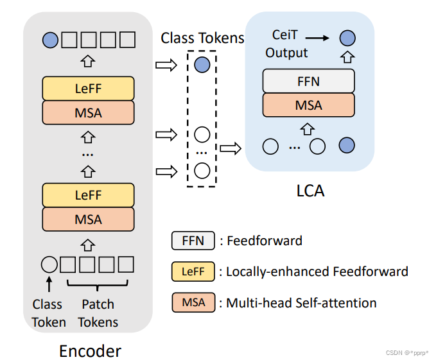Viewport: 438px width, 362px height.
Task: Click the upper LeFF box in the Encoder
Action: (88, 89)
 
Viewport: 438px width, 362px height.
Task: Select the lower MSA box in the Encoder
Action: (88, 219)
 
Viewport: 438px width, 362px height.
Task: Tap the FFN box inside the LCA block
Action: (308, 82)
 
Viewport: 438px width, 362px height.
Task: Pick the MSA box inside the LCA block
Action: (308, 105)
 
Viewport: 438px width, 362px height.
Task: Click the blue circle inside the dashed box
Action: (202, 64)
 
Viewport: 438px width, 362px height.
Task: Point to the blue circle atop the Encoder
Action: (49, 40)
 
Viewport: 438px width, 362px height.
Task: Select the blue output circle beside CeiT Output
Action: (347, 38)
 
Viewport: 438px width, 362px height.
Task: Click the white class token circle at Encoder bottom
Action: (49, 264)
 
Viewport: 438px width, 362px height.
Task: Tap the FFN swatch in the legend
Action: (192, 241)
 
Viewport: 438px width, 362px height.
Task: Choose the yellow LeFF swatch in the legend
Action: (192, 271)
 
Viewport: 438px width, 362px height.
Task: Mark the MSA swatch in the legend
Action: (192, 302)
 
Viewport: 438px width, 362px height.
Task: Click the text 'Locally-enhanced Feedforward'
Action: (317, 271)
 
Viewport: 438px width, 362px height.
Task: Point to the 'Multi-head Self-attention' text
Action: (301, 302)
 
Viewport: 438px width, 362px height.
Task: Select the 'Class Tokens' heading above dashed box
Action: (202, 38)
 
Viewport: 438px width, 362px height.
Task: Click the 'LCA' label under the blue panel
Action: (308, 191)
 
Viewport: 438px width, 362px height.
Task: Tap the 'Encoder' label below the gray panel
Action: (89, 350)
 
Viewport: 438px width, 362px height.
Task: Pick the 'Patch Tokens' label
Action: (98, 313)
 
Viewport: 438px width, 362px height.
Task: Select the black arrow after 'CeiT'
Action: (322, 39)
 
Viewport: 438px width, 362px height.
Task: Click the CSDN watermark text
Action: (407, 353)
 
